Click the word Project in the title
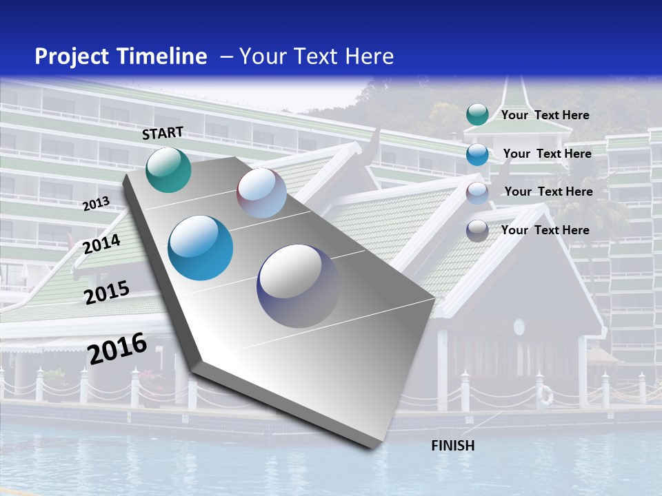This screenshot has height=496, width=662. [68, 56]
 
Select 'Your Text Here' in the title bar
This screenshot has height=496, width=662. [317, 56]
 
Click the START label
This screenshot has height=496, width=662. [163, 133]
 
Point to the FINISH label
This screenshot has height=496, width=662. [453, 446]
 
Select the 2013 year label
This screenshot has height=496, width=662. [96, 204]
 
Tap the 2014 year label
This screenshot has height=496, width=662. [101, 244]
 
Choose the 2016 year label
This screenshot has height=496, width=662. [117, 349]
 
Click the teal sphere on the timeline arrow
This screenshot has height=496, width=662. [168, 169]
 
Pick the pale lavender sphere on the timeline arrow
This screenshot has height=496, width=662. [261, 193]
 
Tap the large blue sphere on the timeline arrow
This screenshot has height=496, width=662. [201, 248]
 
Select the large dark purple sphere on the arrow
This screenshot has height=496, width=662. [299, 286]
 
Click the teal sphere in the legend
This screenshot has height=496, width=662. [477, 115]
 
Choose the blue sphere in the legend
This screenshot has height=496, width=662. [477, 154]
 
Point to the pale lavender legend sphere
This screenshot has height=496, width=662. [477, 192]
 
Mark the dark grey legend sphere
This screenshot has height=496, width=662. [477, 230]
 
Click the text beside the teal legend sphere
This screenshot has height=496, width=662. [545, 115]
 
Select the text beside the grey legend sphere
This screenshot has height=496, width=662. [545, 230]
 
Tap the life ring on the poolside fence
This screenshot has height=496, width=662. [545, 395]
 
